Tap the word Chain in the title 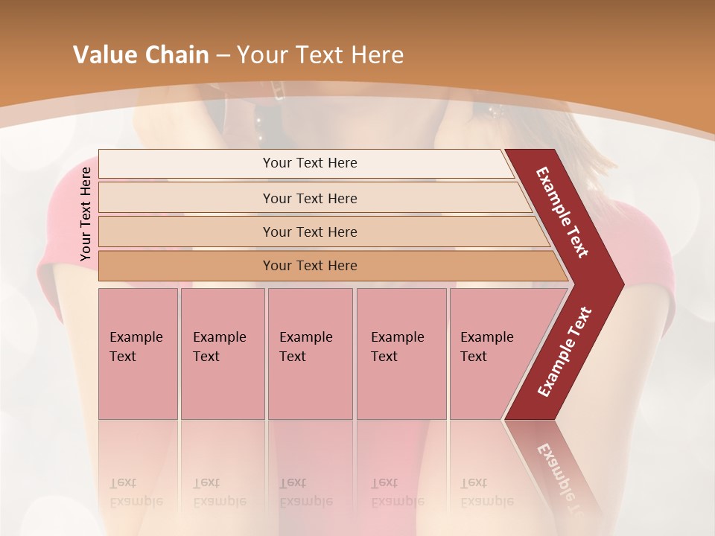177,55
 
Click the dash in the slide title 223,55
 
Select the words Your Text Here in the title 320,55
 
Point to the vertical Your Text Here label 86,214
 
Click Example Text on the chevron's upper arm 562,212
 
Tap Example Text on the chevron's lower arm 565,351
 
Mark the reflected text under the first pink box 136,493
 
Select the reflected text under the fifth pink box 486,493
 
